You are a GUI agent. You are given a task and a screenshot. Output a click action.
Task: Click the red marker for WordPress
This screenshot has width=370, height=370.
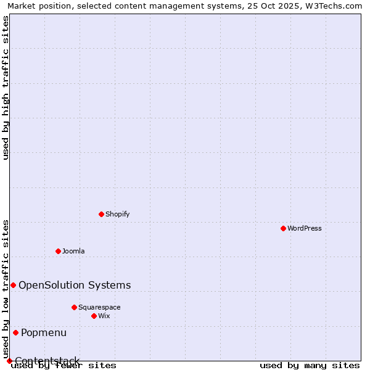(283, 228)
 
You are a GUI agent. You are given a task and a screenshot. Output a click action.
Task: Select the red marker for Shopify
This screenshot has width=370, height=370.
(101, 214)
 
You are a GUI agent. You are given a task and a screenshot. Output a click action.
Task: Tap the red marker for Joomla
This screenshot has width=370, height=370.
(58, 251)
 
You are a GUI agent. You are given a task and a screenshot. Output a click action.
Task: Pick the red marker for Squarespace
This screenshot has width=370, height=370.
(74, 307)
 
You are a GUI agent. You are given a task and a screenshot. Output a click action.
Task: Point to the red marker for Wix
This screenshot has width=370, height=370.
(94, 316)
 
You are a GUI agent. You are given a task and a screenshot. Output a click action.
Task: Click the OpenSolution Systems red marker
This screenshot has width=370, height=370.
(13, 285)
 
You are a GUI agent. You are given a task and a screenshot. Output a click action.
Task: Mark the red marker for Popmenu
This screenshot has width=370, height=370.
(15, 332)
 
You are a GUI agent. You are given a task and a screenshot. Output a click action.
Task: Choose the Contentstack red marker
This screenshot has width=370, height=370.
(9, 361)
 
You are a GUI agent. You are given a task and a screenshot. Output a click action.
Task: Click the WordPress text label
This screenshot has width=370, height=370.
(305, 228)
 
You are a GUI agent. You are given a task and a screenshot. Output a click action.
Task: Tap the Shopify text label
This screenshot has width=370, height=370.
(117, 214)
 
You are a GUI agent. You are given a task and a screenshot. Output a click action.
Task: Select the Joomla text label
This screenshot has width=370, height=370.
(73, 251)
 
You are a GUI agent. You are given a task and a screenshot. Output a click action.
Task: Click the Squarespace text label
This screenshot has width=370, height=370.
(99, 307)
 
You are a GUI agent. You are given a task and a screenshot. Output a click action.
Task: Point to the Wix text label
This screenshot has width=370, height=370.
(104, 316)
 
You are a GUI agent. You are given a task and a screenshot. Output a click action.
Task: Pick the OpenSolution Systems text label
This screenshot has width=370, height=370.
(75, 285)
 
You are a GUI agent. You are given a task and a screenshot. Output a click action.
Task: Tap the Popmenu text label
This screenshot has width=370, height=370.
(44, 332)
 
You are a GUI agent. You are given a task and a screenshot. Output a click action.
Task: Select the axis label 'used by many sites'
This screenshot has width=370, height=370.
(310, 365)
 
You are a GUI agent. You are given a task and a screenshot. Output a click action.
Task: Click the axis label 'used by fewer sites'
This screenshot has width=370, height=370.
(64, 365)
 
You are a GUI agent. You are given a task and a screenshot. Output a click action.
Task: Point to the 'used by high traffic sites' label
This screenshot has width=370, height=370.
(6, 88)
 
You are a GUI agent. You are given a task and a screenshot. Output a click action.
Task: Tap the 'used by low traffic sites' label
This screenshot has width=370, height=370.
(6, 289)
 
